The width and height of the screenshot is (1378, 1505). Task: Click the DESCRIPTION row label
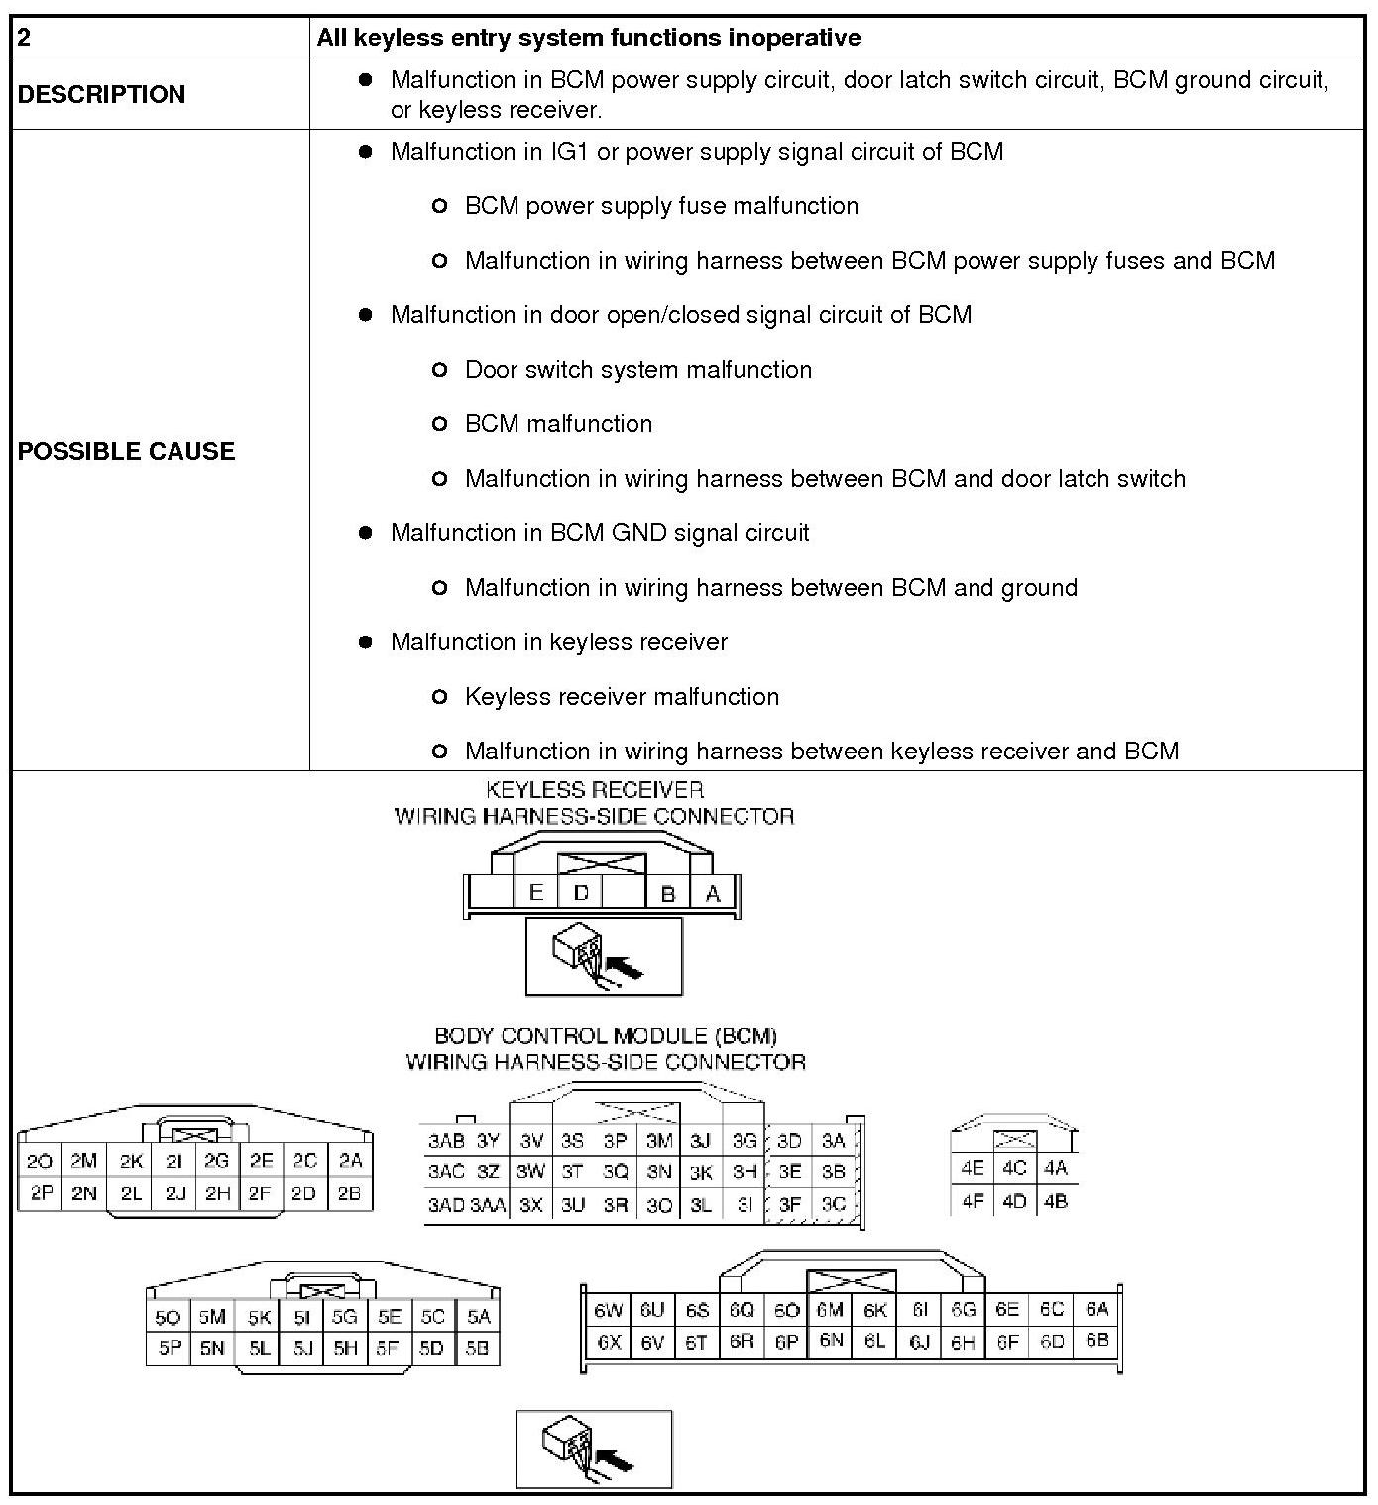(x=101, y=94)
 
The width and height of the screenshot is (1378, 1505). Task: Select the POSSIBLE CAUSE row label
(x=126, y=451)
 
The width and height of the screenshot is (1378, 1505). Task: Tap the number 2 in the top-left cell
(x=25, y=38)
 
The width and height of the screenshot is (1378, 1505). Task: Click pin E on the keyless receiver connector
(x=535, y=892)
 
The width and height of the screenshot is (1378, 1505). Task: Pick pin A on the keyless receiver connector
(x=712, y=893)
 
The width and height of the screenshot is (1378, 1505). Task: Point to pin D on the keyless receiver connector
(x=581, y=892)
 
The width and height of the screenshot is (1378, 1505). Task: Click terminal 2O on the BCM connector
(x=40, y=1161)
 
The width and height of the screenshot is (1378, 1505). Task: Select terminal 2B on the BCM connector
(x=349, y=1193)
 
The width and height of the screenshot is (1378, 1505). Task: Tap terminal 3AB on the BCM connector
(x=446, y=1141)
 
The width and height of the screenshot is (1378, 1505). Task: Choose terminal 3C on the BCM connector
(x=834, y=1204)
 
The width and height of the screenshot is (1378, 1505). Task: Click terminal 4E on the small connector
(x=972, y=1168)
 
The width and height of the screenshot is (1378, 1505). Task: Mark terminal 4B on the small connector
(x=1055, y=1201)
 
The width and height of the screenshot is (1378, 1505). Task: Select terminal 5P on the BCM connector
(x=169, y=1348)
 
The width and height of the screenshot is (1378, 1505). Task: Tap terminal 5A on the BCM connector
(x=478, y=1317)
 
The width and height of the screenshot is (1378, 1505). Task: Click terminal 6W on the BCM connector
(x=607, y=1310)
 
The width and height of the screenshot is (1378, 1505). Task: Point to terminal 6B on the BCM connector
(x=1096, y=1341)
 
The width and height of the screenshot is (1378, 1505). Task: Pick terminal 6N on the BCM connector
(x=831, y=1341)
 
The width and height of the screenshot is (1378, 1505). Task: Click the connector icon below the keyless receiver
(x=604, y=957)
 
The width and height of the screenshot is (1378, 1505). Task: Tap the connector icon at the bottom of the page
(x=594, y=1448)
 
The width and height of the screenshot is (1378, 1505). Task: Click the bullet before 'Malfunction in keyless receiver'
(x=366, y=642)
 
